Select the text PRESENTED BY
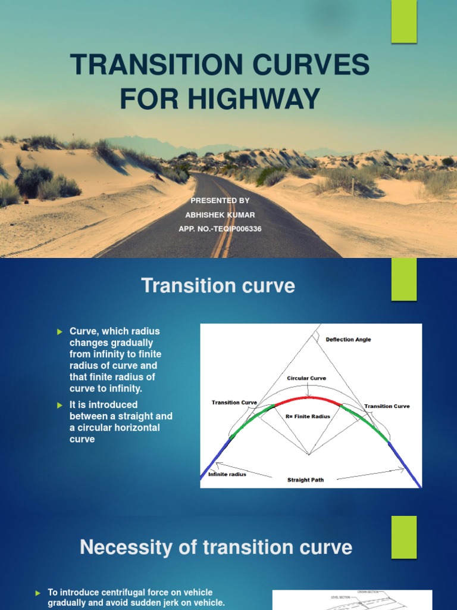point(220,201)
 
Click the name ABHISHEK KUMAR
point(220,215)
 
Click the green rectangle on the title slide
point(403,21)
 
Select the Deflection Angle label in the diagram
point(348,340)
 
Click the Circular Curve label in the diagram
point(306,378)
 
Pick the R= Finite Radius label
point(308,417)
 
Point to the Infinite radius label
point(227,474)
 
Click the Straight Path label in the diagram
point(305,480)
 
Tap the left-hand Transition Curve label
point(234,403)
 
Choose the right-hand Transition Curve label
point(387,406)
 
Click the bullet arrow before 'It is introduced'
point(59,405)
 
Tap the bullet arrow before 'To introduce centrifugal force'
point(37,593)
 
